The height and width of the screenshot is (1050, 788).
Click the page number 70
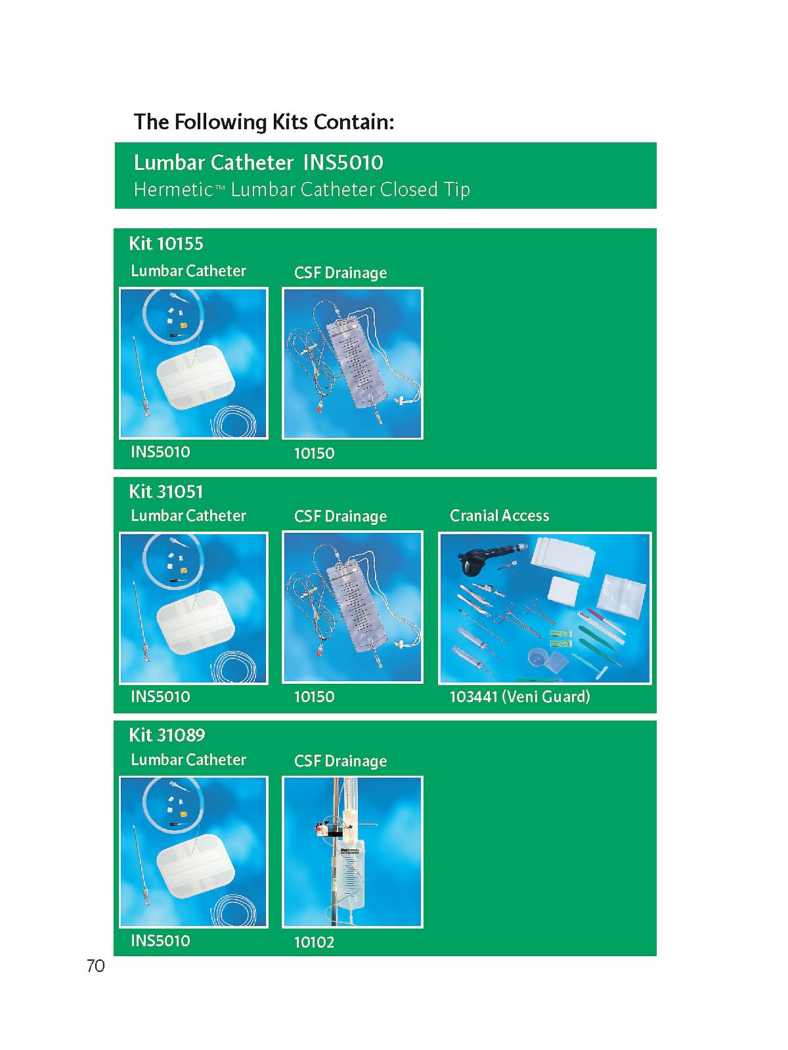96,965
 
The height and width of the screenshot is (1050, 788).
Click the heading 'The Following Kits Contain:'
263,122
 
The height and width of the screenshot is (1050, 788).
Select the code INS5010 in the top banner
343,163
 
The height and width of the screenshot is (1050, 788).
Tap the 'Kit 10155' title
166,243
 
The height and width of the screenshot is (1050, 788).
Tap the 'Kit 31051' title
166,492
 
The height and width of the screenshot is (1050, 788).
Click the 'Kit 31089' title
167,735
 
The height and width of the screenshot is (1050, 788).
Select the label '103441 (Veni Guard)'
519,696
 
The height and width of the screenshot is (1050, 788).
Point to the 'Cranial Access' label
500,515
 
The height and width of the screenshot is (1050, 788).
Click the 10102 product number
314,942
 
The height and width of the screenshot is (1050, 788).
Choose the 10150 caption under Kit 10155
314,453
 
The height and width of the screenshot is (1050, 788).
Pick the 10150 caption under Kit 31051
314,696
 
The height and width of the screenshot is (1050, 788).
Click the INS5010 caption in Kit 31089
160,940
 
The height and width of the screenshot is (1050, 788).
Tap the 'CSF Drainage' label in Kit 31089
340,761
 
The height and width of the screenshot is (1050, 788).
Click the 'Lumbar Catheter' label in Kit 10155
188,271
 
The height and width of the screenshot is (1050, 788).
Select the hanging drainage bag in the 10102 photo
349,876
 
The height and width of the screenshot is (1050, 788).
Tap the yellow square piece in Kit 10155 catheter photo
184,325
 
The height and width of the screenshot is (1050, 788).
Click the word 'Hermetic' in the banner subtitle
173,190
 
